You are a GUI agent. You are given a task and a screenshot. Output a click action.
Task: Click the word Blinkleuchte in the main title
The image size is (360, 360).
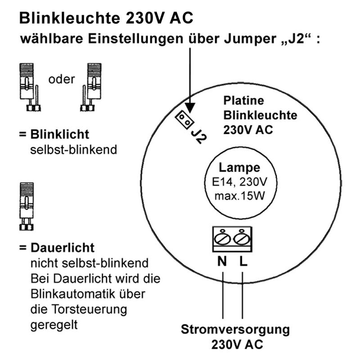70,18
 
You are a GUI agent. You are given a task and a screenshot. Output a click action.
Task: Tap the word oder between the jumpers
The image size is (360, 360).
62,80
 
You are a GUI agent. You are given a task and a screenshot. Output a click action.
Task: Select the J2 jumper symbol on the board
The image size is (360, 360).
184,119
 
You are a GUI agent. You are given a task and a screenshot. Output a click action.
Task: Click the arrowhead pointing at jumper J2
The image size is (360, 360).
190,108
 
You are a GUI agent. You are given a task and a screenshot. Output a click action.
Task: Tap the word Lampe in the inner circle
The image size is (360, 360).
239,168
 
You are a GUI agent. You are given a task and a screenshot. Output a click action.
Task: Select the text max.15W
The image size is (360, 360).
239,196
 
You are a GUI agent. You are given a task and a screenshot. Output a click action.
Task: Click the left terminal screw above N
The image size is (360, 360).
222,238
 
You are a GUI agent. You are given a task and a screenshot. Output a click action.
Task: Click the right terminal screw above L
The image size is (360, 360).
242,238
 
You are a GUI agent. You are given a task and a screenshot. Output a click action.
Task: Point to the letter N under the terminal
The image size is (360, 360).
222,261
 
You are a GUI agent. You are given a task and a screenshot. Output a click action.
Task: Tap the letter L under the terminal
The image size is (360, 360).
243,261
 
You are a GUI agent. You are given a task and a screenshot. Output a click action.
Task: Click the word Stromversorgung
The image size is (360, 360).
235,330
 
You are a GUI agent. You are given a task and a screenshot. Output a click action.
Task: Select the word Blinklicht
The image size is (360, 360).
60,134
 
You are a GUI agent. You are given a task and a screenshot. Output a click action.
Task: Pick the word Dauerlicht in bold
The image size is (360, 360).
63,248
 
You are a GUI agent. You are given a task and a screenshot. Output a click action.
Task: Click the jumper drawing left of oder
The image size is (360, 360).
30,87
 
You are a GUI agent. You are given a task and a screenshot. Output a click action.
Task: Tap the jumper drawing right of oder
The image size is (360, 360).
91,87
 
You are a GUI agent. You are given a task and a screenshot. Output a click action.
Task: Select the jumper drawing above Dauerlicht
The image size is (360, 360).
27,207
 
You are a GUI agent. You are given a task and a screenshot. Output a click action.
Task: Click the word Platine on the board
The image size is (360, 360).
243,100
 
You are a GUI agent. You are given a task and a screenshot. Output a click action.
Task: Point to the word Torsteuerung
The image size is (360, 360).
89,310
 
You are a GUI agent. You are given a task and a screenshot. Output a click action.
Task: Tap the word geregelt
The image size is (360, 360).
54,325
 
